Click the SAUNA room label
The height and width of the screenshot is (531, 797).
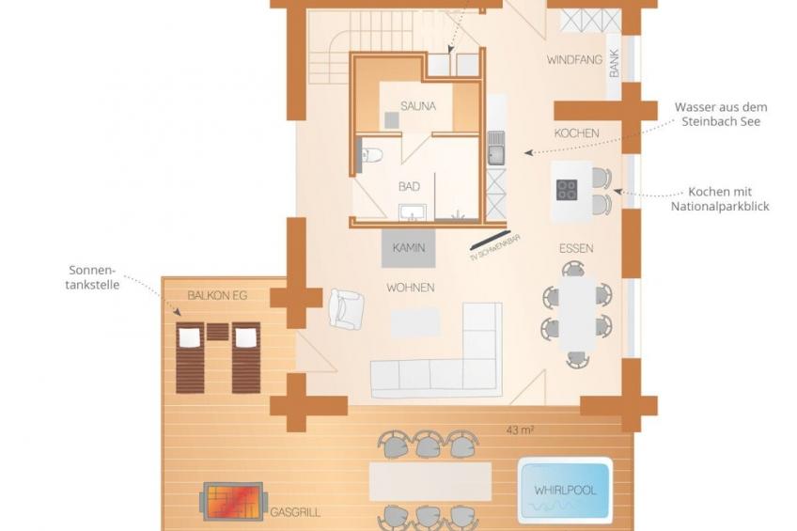coord(418,106)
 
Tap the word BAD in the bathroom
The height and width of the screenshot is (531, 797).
coord(409,186)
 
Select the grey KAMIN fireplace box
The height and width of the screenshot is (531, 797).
coord(409,248)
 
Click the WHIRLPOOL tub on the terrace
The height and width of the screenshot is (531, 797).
coord(565,491)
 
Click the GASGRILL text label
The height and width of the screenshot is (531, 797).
coord(295,512)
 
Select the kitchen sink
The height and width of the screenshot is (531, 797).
coord(496,148)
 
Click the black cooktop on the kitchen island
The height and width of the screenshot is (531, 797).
coord(567,190)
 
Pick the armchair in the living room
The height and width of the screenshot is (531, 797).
coord(346,308)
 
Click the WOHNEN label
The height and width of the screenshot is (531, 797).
coord(410,288)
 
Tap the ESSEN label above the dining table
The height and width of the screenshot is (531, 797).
coord(576,248)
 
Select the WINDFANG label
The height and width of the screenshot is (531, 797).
coord(574,60)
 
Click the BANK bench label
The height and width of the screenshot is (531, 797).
coord(615,64)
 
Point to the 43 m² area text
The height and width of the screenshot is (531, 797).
coord(520,430)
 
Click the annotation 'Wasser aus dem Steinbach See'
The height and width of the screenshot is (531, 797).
coord(721,115)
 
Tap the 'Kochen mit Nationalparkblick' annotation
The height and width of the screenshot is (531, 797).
coord(720,199)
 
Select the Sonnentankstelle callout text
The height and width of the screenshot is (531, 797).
coord(92,277)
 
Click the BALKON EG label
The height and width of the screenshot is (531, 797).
coord(217,296)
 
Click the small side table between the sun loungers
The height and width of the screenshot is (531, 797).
coord(217,332)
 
